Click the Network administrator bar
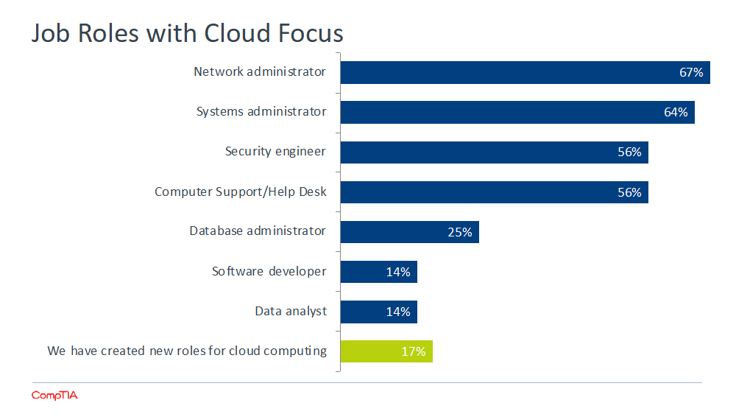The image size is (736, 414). (x=524, y=72)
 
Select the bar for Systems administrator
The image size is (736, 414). (x=517, y=112)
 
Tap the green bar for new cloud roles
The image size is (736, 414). (x=386, y=351)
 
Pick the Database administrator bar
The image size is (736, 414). (x=408, y=232)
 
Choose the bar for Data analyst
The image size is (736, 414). (x=378, y=312)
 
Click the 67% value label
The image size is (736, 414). (x=691, y=73)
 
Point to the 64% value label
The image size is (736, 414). (x=676, y=113)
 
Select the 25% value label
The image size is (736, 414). (x=459, y=232)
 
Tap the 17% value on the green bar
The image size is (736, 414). (x=413, y=351)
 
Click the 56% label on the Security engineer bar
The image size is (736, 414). (x=629, y=152)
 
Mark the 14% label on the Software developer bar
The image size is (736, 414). (x=397, y=272)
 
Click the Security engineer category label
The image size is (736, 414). (x=275, y=152)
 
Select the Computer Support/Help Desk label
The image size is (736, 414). (x=240, y=192)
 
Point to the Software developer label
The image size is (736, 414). (x=269, y=271)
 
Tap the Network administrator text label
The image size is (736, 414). (x=259, y=71)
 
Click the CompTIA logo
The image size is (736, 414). (x=54, y=396)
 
